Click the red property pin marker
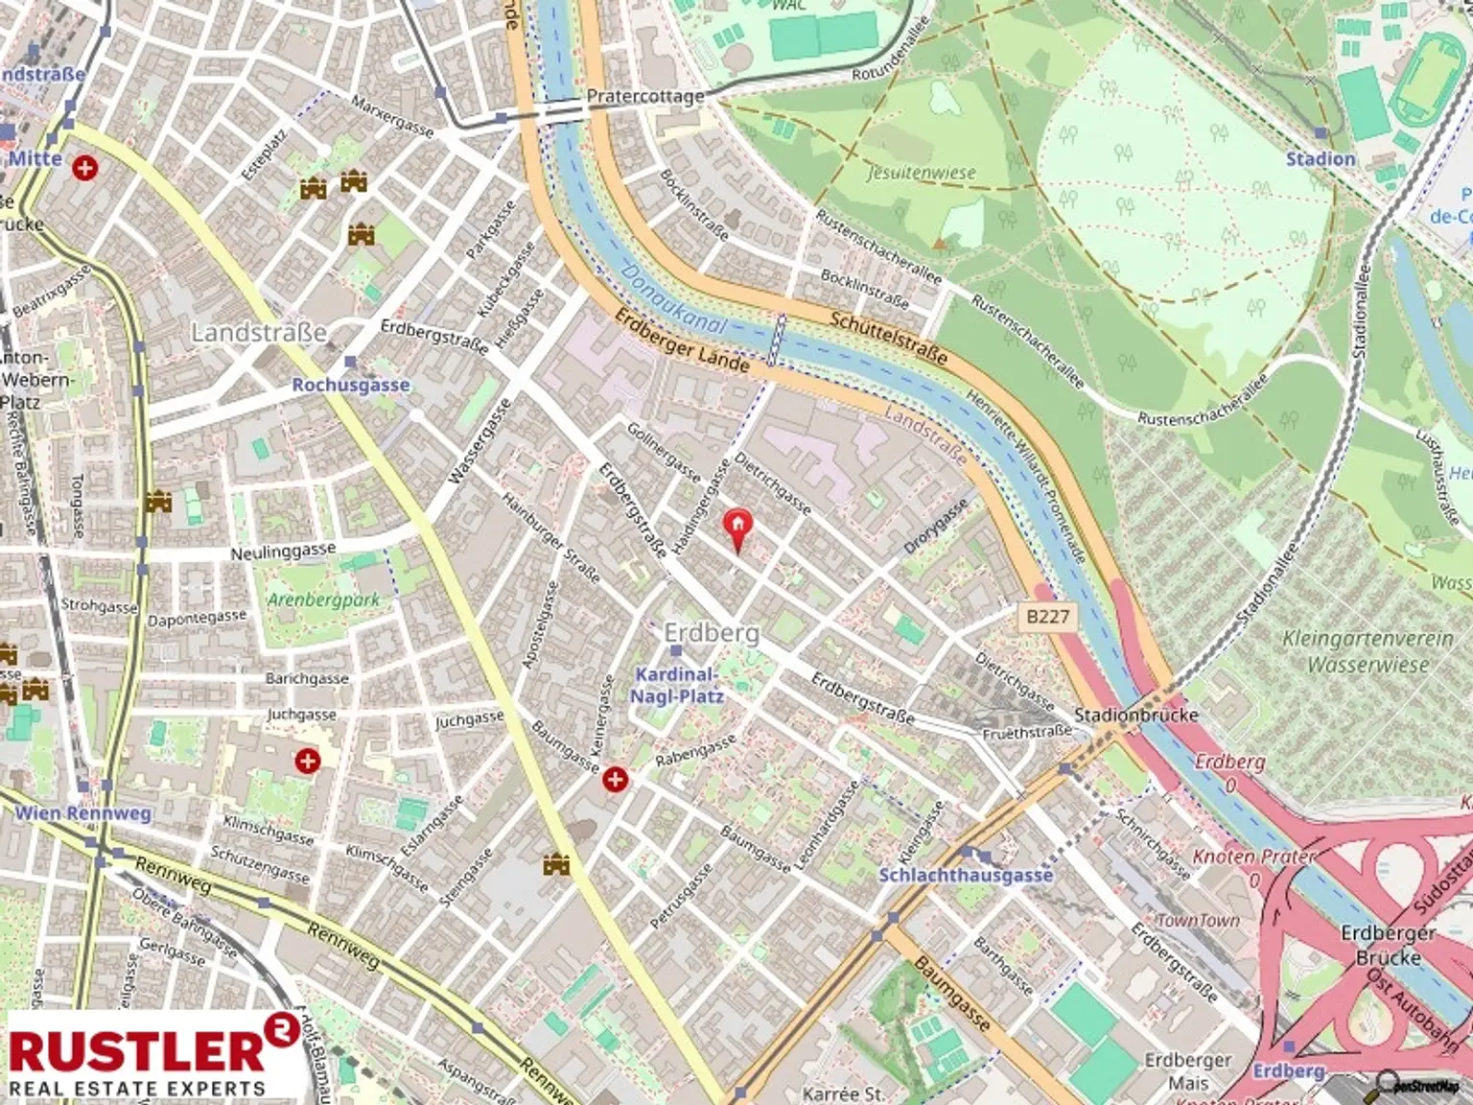[736, 529]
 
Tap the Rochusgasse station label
[351, 385]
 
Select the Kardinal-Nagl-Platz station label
[675, 685]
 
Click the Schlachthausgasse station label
[966, 874]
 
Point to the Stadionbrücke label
[1135, 715]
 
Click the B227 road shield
[1047, 616]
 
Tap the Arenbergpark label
[323, 600]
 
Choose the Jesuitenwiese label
[921, 173]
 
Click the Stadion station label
[1321, 158]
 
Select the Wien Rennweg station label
[82, 813]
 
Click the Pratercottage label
[644, 96]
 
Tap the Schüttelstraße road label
[888, 338]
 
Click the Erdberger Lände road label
[682, 341]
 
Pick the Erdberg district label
[712, 633]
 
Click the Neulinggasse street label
[283, 552]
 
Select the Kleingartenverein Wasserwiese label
[1368, 651]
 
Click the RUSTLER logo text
[136, 1050]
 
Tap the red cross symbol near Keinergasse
[615, 779]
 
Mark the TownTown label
[1198, 920]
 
